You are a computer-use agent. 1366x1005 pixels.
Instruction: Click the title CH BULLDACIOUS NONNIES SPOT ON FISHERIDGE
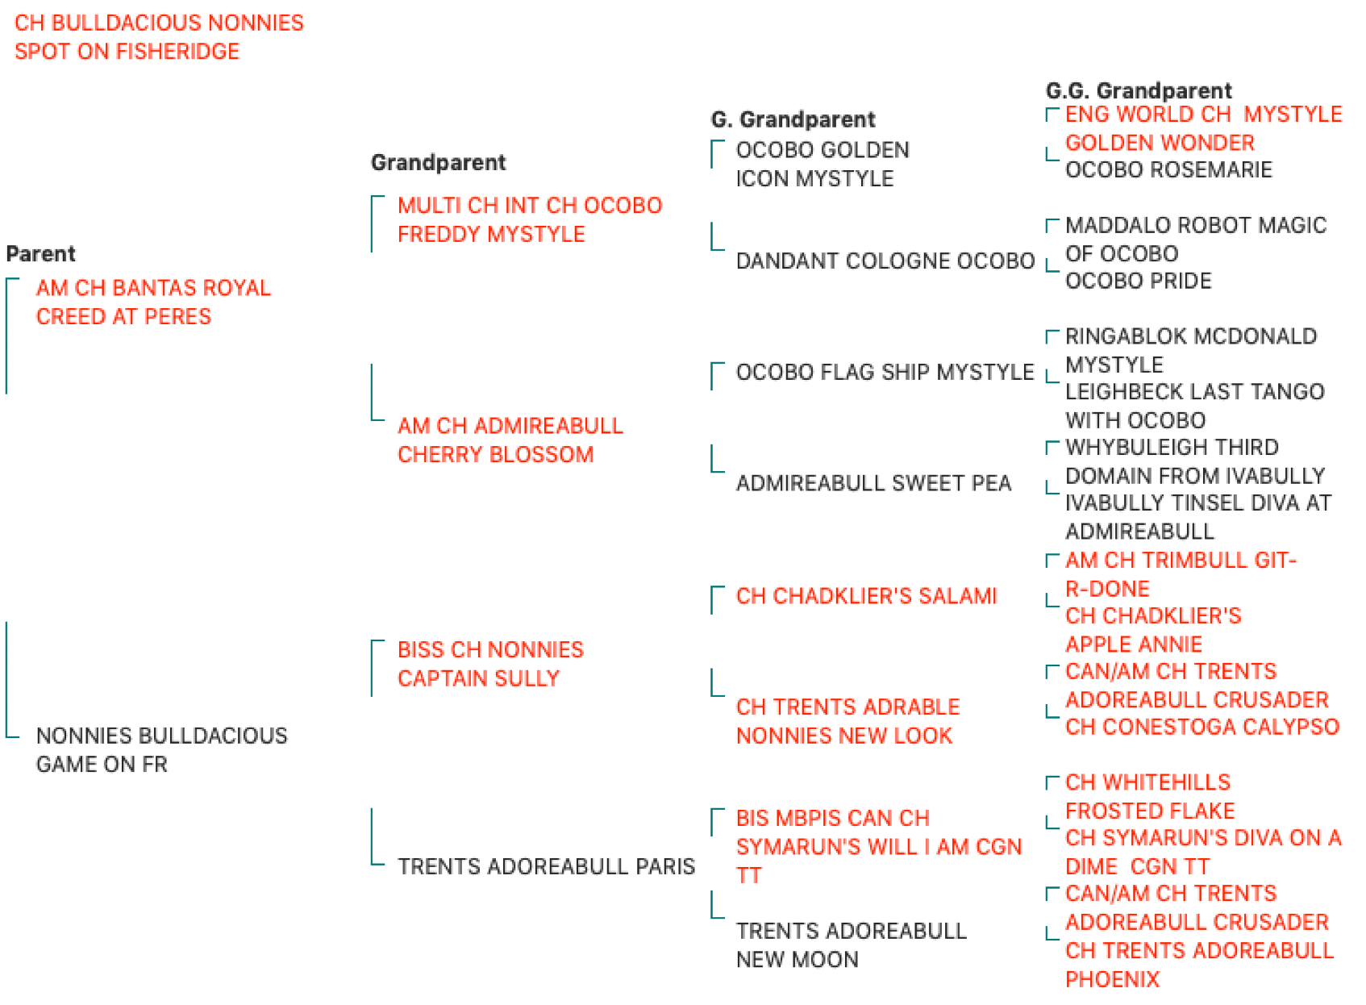point(159,37)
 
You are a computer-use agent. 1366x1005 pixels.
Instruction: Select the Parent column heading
point(41,254)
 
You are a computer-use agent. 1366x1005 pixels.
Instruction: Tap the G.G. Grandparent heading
point(1139,91)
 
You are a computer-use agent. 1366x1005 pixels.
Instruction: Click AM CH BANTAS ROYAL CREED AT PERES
point(153,302)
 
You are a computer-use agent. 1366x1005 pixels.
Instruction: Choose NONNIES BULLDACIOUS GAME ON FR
point(161,750)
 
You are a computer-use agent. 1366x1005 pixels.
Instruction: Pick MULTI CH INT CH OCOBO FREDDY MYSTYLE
point(530,220)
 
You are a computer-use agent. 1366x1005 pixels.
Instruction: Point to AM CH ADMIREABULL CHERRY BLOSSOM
point(510,440)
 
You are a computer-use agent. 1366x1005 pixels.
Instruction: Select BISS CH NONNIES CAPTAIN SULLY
point(491,664)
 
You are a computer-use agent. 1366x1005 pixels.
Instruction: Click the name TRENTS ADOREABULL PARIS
point(547,866)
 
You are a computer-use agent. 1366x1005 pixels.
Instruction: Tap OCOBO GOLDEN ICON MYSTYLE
point(823,165)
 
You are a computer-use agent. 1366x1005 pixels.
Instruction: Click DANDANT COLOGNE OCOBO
point(885,261)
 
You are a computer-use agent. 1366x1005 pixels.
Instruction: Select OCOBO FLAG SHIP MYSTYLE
point(885,372)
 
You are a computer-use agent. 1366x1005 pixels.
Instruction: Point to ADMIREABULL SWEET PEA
point(873,484)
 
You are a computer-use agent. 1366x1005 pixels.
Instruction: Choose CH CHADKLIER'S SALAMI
point(867,596)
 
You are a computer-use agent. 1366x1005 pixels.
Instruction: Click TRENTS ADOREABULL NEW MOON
point(852,946)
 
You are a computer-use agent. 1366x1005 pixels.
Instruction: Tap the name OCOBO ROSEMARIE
point(1169,169)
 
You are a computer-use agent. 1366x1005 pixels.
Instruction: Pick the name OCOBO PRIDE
point(1139,281)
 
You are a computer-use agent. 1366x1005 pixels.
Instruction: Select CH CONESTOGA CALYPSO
point(1202,727)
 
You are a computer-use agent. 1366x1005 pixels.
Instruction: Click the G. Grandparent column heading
point(793,119)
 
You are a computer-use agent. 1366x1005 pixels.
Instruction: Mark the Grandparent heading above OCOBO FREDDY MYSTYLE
point(439,163)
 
